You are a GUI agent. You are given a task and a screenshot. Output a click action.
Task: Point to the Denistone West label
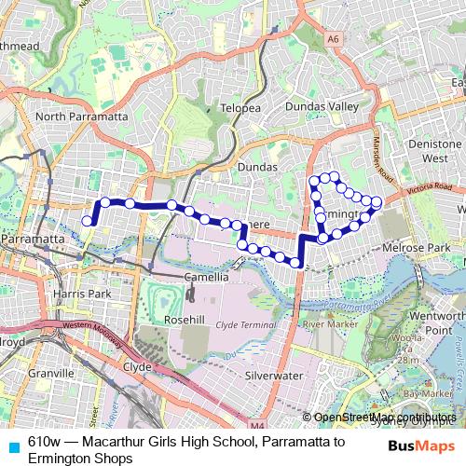tap(435, 152)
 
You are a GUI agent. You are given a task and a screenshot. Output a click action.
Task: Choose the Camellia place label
tap(205, 277)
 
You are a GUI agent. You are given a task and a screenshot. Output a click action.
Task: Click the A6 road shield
tap(333, 39)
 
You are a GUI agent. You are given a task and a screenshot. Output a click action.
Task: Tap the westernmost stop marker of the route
tap(88, 221)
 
